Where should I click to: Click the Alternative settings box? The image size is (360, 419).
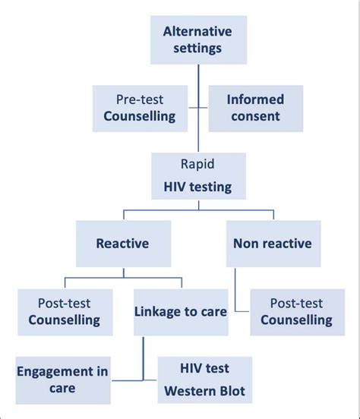pos(197,39)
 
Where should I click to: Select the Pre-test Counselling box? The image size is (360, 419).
pos(140,108)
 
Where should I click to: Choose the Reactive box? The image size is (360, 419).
pos(122,244)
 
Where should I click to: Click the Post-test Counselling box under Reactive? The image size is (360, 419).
pos(64,311)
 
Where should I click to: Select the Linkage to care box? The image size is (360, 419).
pos(180,311)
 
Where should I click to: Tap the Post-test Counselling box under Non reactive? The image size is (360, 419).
pos(296,311)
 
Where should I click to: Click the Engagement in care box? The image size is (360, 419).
pos(63,379)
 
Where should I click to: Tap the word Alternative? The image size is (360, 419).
pos(197,31)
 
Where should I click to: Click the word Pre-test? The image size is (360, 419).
pos(140,99)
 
